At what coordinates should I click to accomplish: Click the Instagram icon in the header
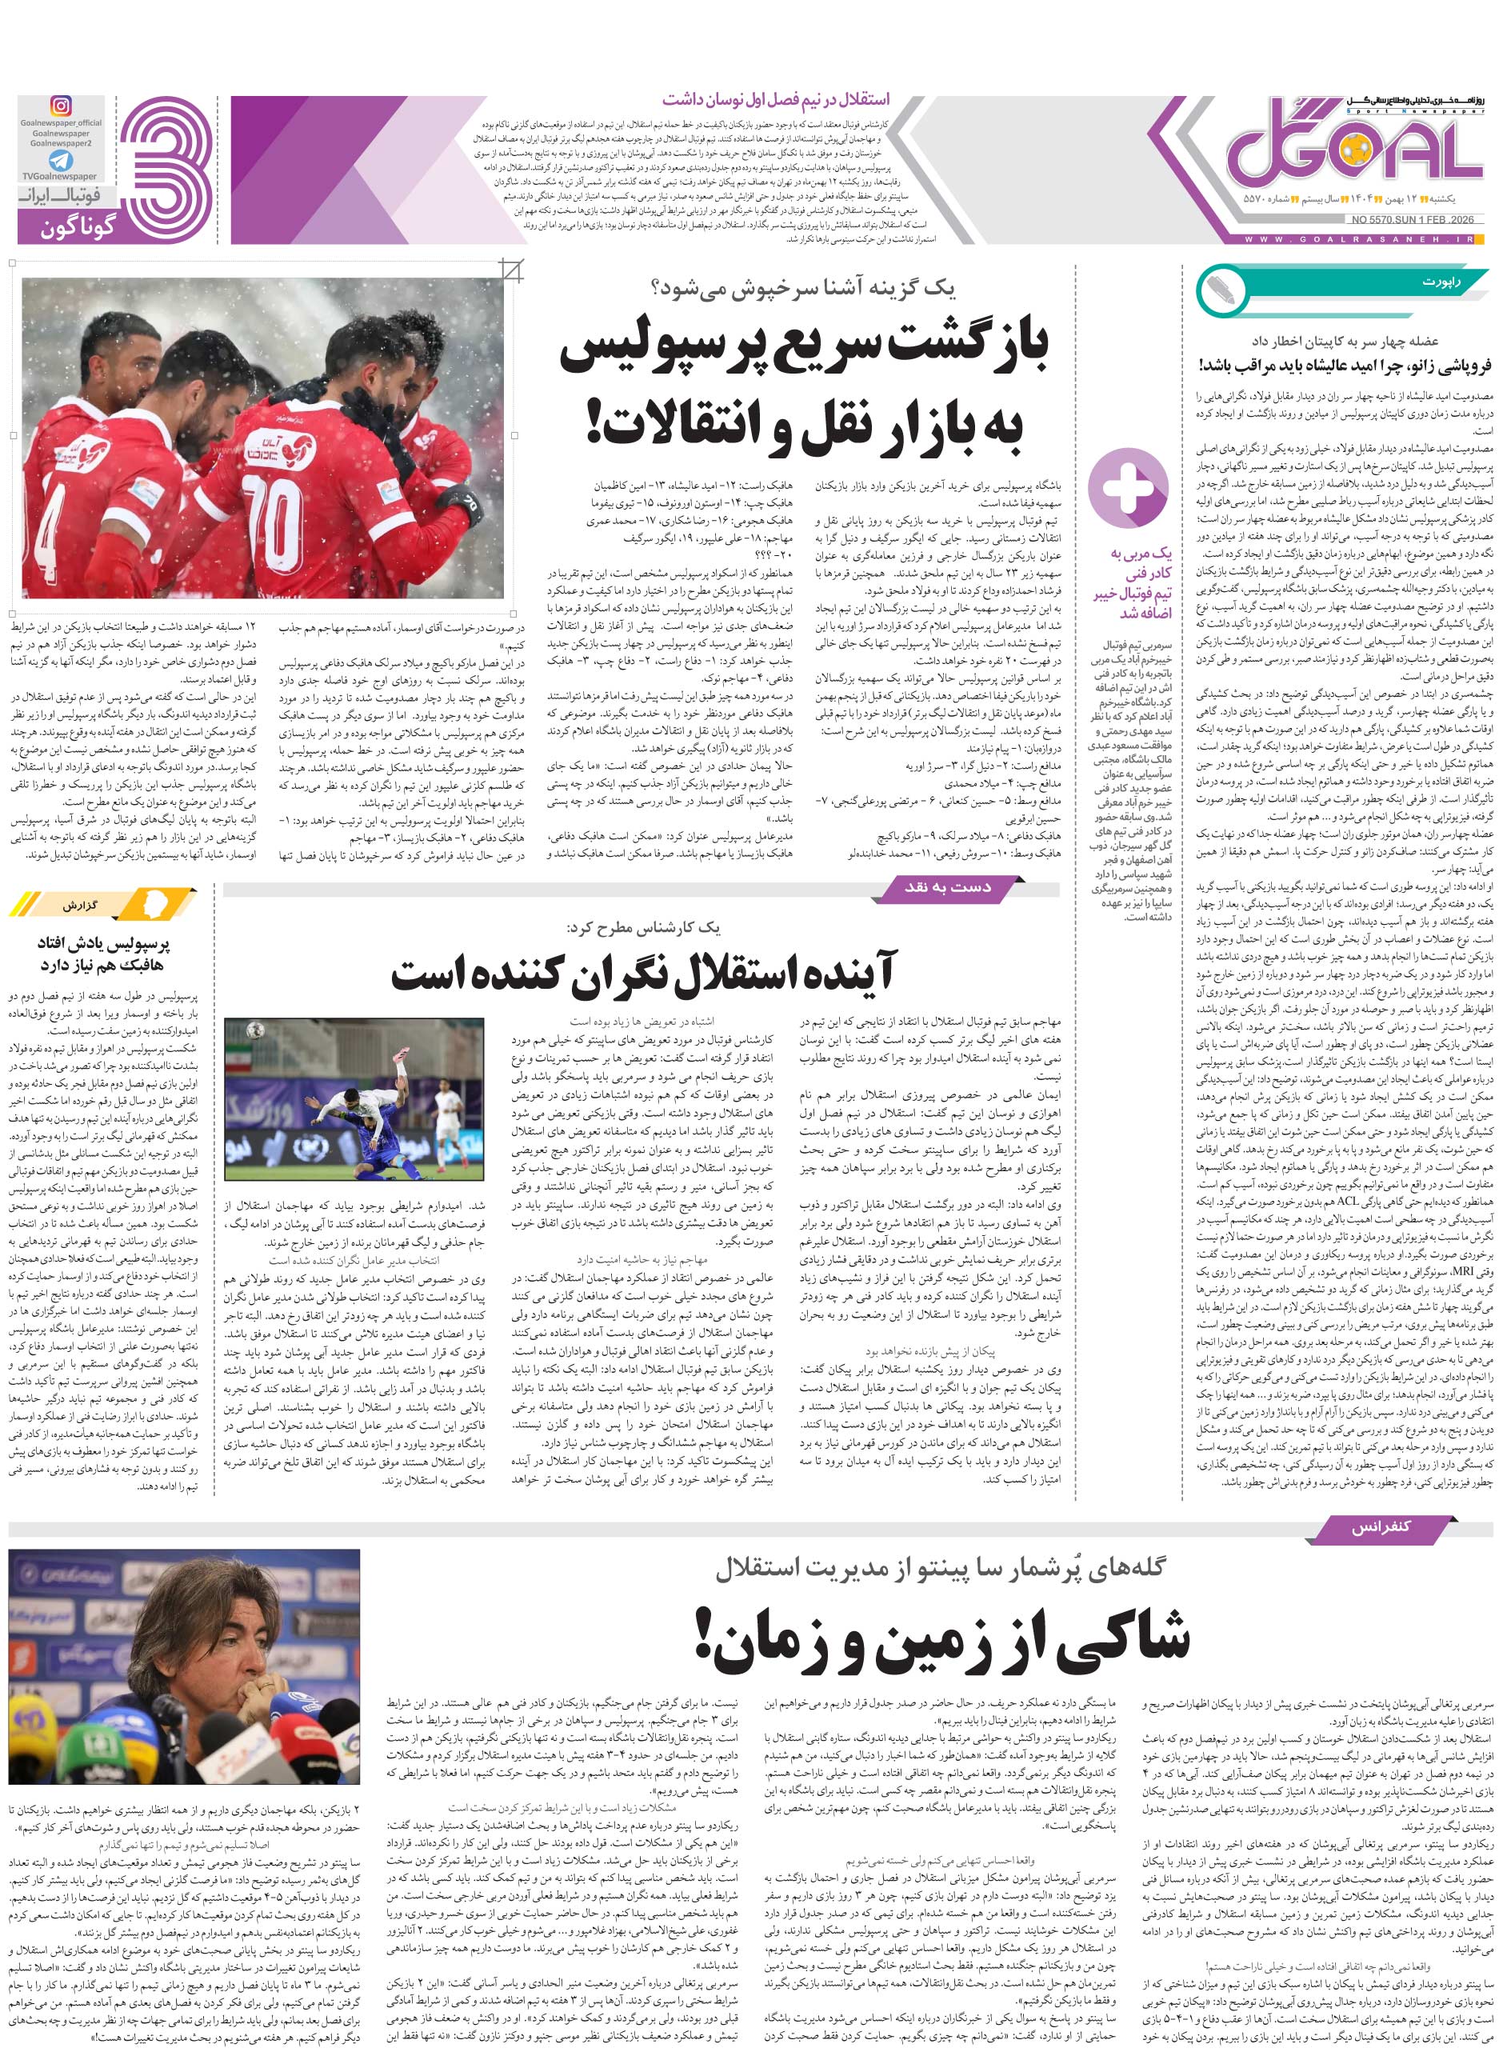60,107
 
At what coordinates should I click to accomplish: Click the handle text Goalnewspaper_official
60,122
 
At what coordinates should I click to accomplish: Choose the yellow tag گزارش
82,906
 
